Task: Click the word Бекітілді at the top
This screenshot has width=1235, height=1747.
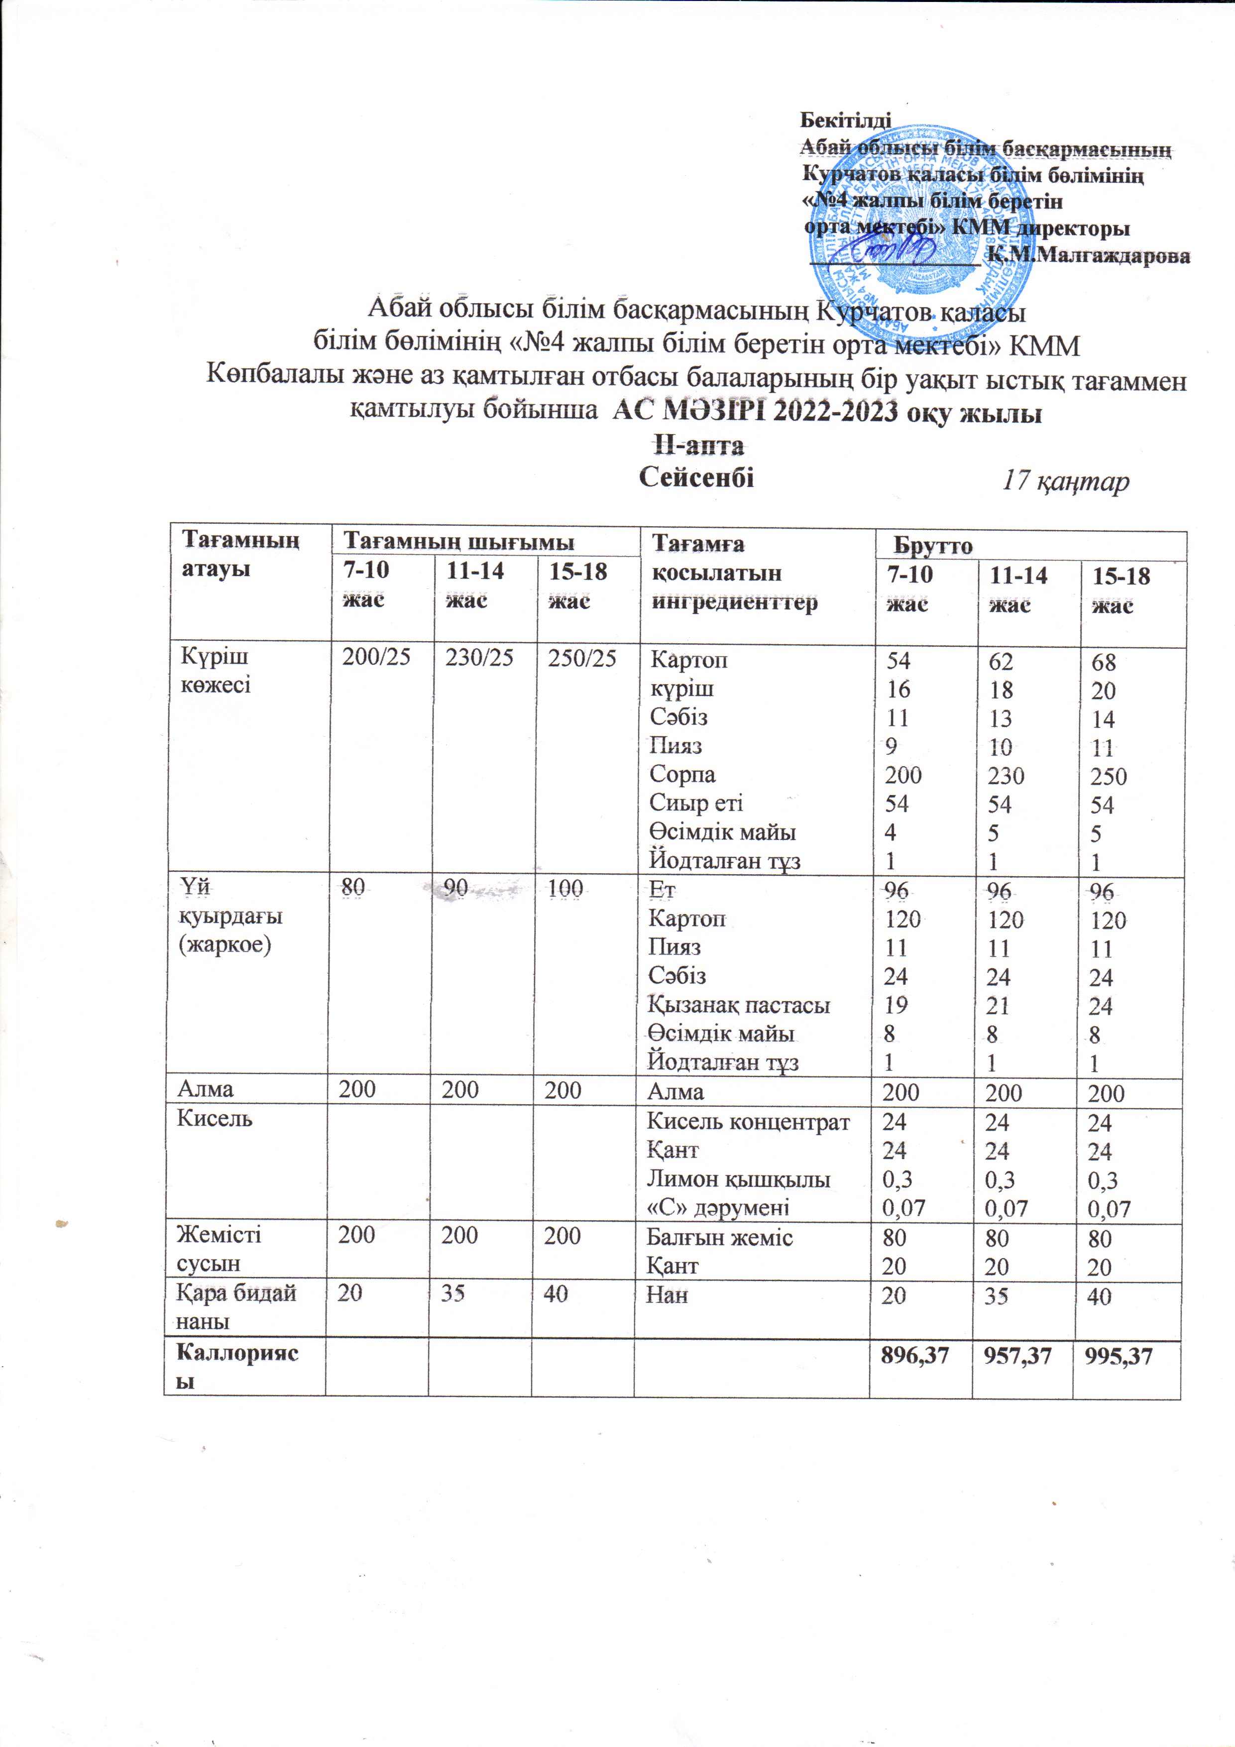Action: (x=845, y=120)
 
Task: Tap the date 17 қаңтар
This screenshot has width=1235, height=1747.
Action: (x=1065, y=481)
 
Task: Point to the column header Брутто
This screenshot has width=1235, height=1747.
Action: (x=932, y=546)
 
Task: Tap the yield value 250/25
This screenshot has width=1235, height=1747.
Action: (x=582, y=659)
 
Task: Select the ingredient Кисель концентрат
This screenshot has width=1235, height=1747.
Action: (x=747, y=1122)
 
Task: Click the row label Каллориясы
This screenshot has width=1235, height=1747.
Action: (x=236, y=1367)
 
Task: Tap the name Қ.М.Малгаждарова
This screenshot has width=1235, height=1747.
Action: (x=1088, y=256)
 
